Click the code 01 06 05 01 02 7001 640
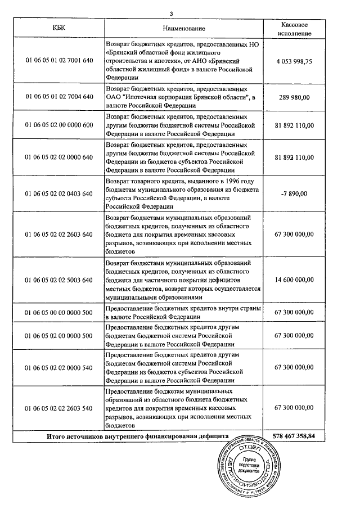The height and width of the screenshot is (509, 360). point(59,61)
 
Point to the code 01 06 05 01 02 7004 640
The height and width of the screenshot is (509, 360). point(59,97)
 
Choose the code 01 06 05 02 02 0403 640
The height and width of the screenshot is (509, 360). point(59,194)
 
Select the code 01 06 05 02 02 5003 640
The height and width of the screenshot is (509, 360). point(59,280)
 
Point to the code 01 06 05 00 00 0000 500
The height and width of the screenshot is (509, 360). point(59,312)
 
